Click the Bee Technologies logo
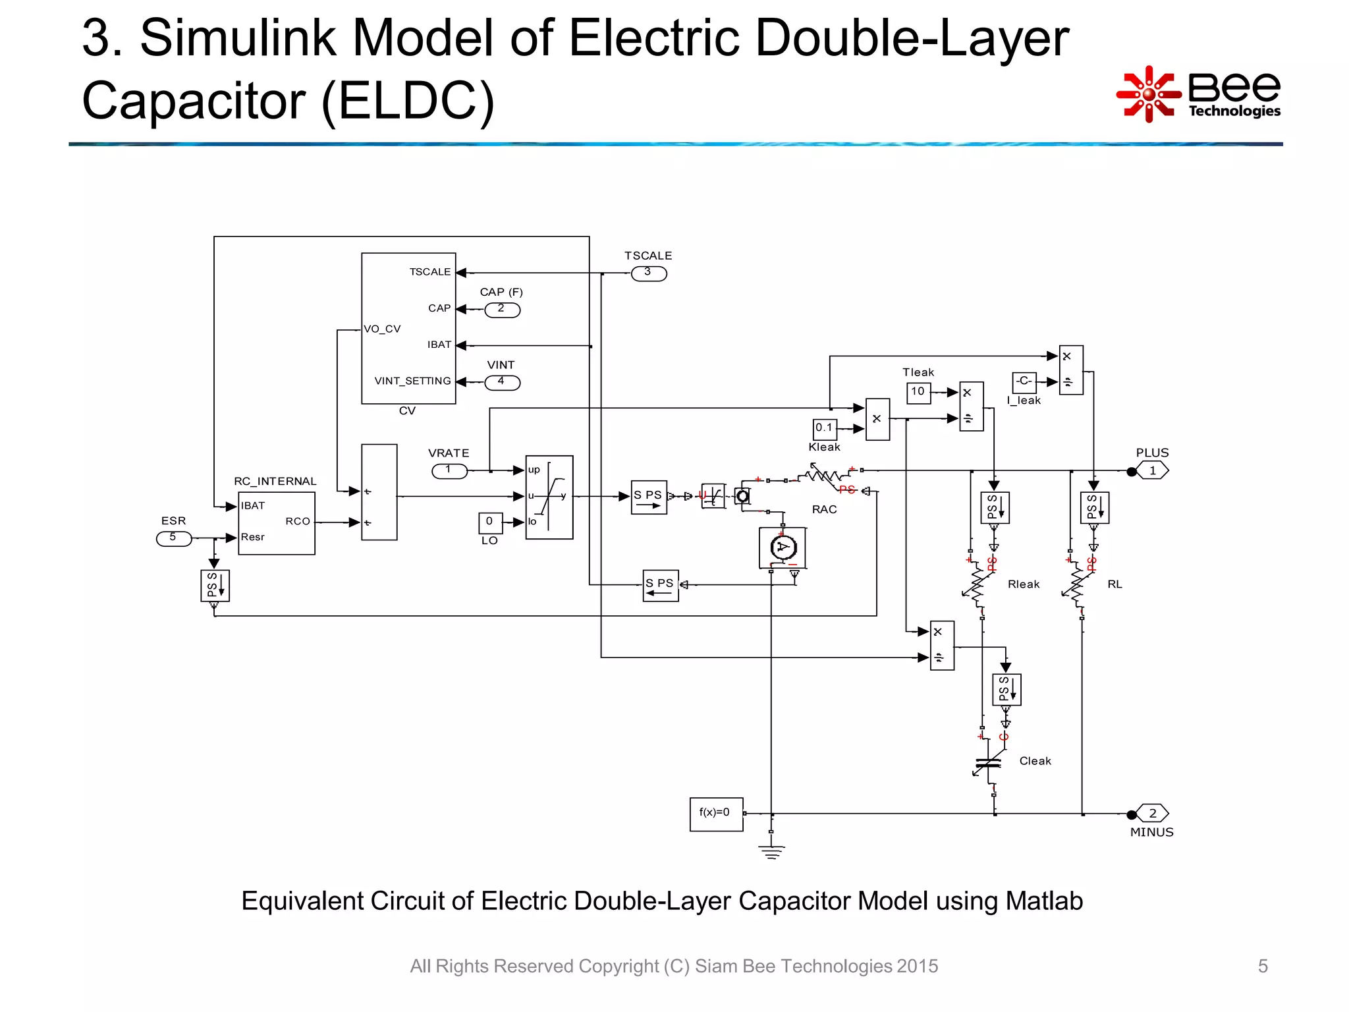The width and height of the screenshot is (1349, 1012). (x=1199, y=94)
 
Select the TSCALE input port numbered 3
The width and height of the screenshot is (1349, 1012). (x=649, y=273)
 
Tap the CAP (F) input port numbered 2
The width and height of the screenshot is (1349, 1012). (x=502, y=310)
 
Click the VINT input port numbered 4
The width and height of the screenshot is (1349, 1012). (x=502, y=382)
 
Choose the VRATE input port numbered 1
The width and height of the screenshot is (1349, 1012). (x=449, y=471)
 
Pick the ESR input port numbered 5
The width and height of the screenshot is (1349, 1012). (x=173, y=539)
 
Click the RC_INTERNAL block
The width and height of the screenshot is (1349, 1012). (x=276, y=523)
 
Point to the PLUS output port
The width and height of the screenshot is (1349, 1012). (x=1152, y=471)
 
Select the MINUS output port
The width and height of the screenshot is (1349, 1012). (x=1152, y=814)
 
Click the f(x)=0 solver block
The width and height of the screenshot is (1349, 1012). (x=716, y=814)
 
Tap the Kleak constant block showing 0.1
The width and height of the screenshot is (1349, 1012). (x=825, y=428)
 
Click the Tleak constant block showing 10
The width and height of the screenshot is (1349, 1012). (x=918, y=392)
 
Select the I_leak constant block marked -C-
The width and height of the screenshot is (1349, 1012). (x=1024, y=382)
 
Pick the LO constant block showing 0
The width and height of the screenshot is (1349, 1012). (x=490, y=522)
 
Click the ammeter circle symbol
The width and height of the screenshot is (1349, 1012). (x=783, y=547)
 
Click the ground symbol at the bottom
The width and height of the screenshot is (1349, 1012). (x=771, y=851)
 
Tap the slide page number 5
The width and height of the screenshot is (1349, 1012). (x=1262, y=966)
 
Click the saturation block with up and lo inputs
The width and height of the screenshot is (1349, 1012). (x=549, y=497)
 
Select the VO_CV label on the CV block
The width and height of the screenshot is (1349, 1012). (x=383, y=329)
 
